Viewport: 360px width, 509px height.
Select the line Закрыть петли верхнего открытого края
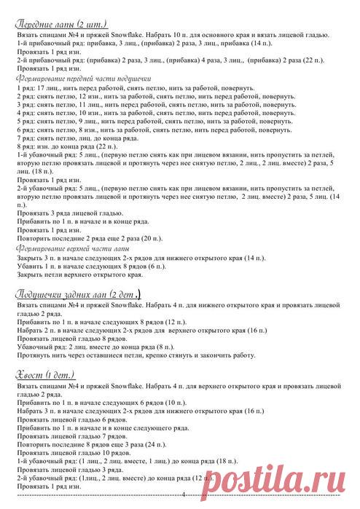click(x=74, y=275)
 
